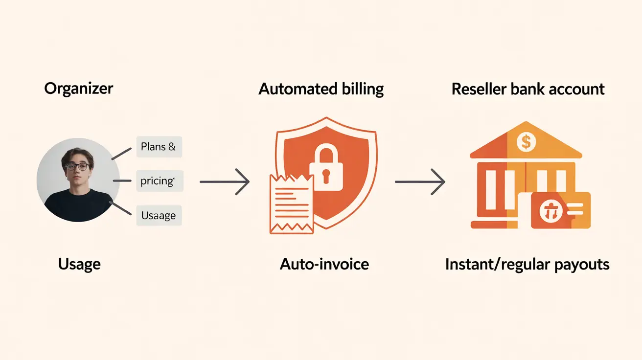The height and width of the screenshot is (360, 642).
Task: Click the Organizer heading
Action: pyautogui.click(x=78, y=89)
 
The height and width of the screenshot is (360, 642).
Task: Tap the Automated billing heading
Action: pyautogui.click(x=321, y=89)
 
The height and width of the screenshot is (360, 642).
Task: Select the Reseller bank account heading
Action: pyautogui.click(x=528, y=89)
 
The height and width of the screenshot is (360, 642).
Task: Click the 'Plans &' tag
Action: pyautogui.click(x=159, y=147)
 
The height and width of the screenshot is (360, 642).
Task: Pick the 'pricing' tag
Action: pyautogui.click(x=158, y=181)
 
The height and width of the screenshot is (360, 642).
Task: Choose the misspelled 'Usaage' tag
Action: pyautogui.click(x=159, y=215)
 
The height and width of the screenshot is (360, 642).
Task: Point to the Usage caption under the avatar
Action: pyautogui.click(x=79, y=264)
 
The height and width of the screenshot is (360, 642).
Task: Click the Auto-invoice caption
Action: pyautogui.click(x=324, y=264)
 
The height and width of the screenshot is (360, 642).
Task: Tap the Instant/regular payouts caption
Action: pyautogui.click(x=527, y=265)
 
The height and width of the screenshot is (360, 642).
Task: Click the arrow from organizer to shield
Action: pyautogui.click(x=225, y=182)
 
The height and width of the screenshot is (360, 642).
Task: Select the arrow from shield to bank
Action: pyautogui.click(x=420, y=182)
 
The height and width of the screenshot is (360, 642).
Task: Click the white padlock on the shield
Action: pyautogui.click(x=325, y=169)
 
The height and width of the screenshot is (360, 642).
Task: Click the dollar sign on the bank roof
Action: pyautogui.click(x=526, y=142)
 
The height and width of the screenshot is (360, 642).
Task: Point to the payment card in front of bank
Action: pyautogui.click(x=561, y=210)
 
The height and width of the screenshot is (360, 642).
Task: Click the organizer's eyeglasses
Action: pyautogui.click(x=77, y=166)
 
